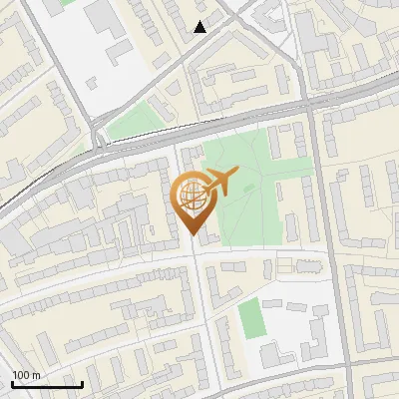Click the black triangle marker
pyautogui.click(x=200, y=27)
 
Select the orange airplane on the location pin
pyautogui.click(x=219, y=182)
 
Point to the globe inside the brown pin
pyautogui.click(x=191, y=197)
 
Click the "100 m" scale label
pyautogui.click(x=26, y=375)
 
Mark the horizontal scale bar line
pyautogui.click(x=46, y=384)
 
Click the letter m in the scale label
pyautogui.click(x=36, y=375)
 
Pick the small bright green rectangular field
pyautogui.click(x=250, y=318)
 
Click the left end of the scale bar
pyautogui.click(x=12, y=384)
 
